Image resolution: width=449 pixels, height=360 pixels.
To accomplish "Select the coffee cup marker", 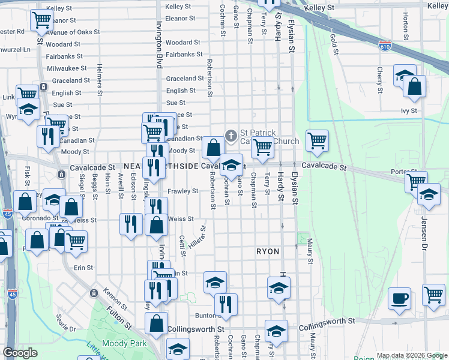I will click(399, 298).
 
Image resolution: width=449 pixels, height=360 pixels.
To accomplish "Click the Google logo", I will click(20, 353).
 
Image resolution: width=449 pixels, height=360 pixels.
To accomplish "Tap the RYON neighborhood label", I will click(268, 251).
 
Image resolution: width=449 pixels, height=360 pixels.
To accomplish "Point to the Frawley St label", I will click(182, 191).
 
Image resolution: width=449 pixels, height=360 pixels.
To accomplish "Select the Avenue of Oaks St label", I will click(72, 32).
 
